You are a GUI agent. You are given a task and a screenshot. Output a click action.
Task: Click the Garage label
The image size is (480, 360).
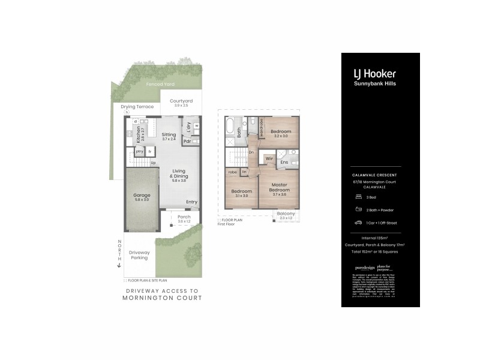[x=142, y=196]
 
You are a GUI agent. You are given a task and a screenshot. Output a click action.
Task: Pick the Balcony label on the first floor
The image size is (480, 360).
[x=286, y=214]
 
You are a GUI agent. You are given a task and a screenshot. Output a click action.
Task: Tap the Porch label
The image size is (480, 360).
[x=184, y=217]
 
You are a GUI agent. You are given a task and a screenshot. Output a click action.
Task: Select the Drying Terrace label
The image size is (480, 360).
[x=137, y=107]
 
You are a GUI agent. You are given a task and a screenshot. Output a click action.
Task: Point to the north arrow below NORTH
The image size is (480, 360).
[x=119, y=265]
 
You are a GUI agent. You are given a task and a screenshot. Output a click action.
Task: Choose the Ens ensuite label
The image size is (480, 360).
[x=284, y=162]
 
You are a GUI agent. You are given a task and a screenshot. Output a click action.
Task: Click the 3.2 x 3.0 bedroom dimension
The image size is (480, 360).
[x=281, y=136]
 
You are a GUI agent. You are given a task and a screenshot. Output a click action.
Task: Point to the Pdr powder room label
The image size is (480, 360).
[x=187, y=142]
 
